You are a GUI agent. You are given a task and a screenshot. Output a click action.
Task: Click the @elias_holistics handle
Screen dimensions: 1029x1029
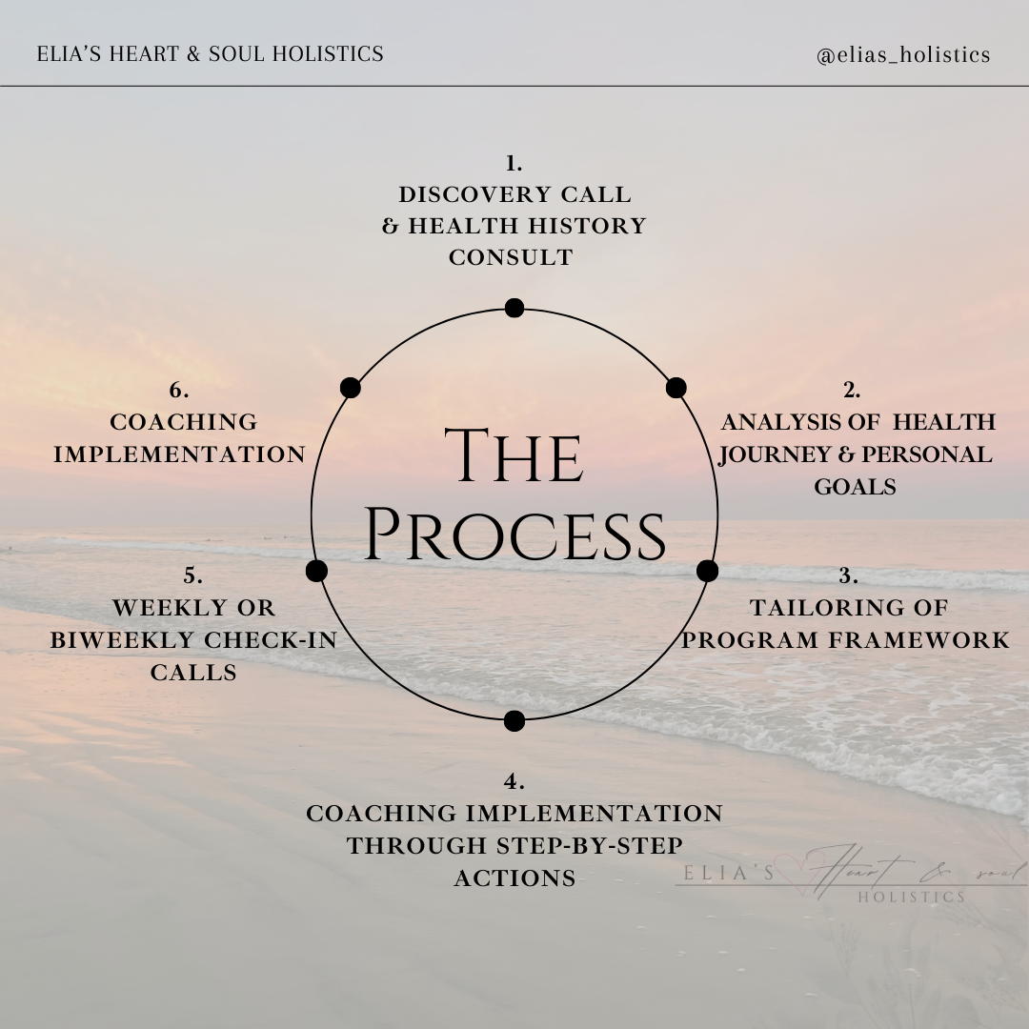(x=903, y=55)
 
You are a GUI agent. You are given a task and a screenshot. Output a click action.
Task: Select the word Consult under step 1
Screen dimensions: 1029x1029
(x=511, y=257)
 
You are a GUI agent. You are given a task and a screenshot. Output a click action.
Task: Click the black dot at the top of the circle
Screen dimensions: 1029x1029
(x=514, y=308)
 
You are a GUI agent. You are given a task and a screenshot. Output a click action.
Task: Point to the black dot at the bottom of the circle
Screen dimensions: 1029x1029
(x=514, y=721)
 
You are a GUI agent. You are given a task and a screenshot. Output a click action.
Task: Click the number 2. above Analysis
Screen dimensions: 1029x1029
(x=852, y=390)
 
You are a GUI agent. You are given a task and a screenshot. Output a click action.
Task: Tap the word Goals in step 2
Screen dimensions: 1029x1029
(x=855, y=487)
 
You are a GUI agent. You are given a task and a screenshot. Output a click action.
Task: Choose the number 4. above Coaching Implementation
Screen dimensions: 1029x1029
(x=514, y=782)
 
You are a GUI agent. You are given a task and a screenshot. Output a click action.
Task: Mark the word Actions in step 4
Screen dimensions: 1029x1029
(x=514, y=878)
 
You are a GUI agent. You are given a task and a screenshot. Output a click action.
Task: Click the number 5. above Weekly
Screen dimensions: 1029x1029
(x=193, y=575)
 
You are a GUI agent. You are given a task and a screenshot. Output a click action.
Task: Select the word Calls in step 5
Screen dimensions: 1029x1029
(x=193, y=673)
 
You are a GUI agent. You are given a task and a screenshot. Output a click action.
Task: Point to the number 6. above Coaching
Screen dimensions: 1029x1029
(x=179, y=390)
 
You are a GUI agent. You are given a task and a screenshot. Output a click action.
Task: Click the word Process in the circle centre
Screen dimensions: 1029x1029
(x=514, y=535)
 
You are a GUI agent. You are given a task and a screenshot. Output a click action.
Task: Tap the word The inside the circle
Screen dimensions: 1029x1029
(x=514, y=457)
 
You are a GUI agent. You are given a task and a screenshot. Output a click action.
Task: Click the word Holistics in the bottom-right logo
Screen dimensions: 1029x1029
(x=911, y=897)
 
